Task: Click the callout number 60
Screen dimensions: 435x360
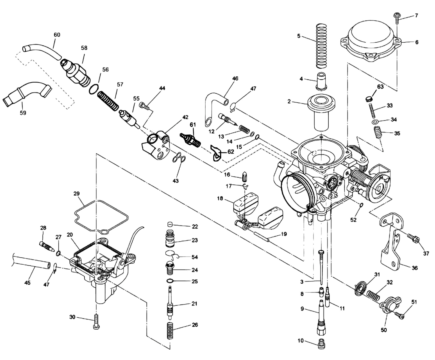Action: (x=57, y=35)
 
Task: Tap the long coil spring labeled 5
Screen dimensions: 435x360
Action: (x=321, y=46)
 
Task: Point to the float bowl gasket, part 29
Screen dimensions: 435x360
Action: (x=102, y=217)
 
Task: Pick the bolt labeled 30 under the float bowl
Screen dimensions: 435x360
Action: (x=96, y=322)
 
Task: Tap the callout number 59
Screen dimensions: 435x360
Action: (x=23, y=113)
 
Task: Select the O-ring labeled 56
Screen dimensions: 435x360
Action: (x=94, y=89)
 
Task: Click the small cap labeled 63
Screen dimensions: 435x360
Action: (x=369, y=99)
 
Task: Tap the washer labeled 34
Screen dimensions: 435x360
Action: (x=375, y=122)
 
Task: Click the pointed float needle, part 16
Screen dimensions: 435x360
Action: (x=244, y=177)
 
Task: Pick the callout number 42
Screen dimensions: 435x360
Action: (x=185, y=117)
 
